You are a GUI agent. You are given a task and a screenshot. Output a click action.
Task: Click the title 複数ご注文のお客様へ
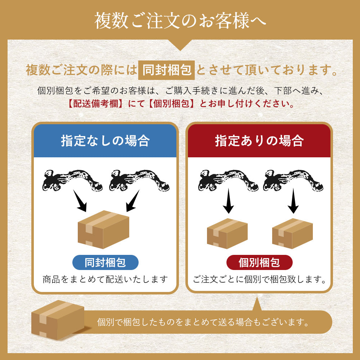coord(180,21)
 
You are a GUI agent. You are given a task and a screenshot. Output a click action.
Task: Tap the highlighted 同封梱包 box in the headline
coord(166,70)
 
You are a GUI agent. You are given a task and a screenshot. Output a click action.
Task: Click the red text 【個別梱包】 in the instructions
coord(172,104)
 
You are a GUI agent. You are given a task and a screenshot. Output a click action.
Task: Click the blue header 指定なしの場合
coord(105,141)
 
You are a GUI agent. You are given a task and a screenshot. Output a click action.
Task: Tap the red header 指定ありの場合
coord(259,141)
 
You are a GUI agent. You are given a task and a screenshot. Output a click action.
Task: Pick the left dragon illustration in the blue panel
coord(72,180)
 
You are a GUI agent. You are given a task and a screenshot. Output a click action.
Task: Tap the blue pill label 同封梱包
coord(105,262)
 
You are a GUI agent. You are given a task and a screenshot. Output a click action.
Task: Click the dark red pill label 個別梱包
coord(259,262)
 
